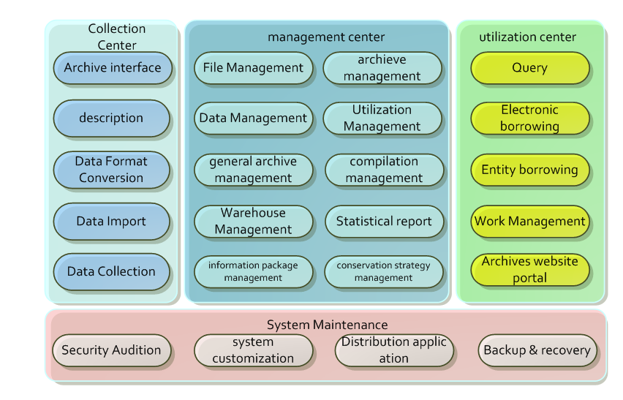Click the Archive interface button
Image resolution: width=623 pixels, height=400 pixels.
tap(112, 68)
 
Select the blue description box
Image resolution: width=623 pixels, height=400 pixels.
tap(112, 118)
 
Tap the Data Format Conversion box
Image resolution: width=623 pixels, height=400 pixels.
tap(112, 169)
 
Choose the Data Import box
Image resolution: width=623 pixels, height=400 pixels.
tap(112, 221)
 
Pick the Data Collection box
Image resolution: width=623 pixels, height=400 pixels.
tap(112, 271)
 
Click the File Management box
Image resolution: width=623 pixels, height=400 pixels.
tap(253, 68)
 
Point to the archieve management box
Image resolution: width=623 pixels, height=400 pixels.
tap(382, 68)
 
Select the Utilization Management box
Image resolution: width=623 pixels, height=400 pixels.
tap(382, 118)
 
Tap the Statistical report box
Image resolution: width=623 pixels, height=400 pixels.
tap(384, 221)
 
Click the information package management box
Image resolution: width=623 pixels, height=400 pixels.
tap(253, 271)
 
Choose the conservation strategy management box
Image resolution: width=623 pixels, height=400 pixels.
tap(384, 271)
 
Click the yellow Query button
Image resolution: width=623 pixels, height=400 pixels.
tap(530, 68)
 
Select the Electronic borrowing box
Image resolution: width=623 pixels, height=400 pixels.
tap(530, 118)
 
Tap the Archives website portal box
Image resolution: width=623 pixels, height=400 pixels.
tap(530, 270)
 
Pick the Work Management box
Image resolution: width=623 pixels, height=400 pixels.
tap(530, 221)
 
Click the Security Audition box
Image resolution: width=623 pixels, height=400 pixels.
tap(111, 350)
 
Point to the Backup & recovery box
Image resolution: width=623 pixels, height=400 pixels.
tap(537, 350)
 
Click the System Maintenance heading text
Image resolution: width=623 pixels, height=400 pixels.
tap(327, 325)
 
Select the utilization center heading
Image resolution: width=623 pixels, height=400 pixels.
tap(527, 37)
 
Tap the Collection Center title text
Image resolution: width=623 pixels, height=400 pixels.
tap(117, 37)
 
